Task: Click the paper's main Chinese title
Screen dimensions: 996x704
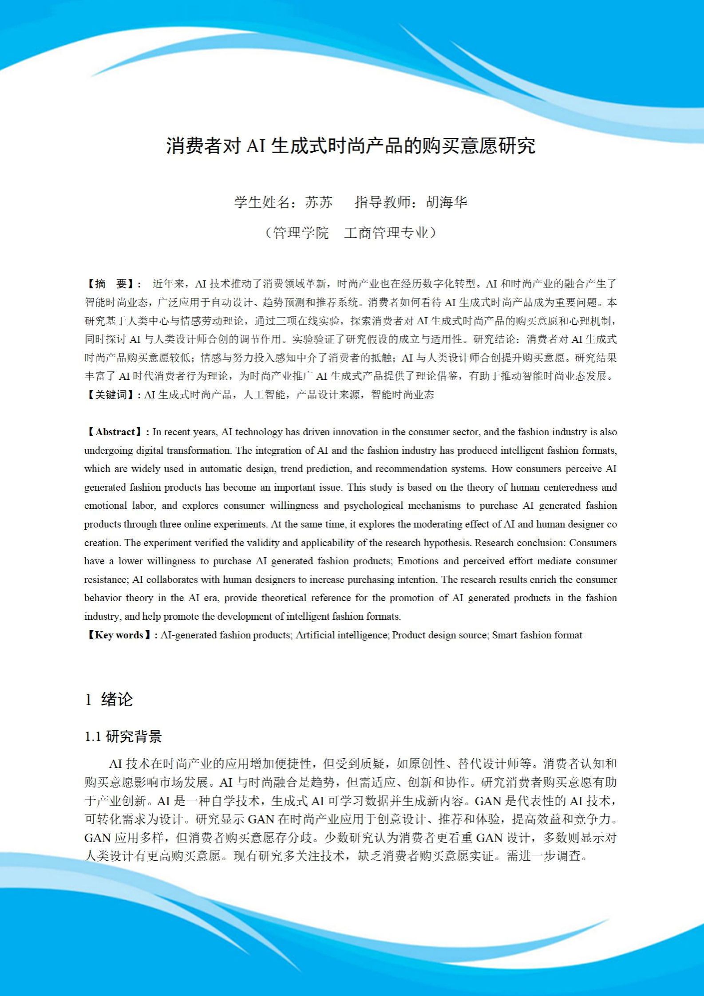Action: coord(351,146)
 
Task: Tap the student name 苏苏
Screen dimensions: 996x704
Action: coord(319,202)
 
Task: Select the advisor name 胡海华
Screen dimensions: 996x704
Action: coord(447,202)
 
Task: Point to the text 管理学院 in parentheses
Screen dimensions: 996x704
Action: coord(301,233)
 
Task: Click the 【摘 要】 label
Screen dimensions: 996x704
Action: coord(112,284)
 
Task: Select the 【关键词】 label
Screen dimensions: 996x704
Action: coord(112,395)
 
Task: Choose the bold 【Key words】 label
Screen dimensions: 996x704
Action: coord(120,635)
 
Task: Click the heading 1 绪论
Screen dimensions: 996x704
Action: coord(109,700)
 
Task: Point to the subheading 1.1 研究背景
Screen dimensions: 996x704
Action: coord(123,737)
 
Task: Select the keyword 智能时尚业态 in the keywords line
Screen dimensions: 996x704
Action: coord(402,395)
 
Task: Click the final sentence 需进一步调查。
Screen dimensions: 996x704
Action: coord(548,856)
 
